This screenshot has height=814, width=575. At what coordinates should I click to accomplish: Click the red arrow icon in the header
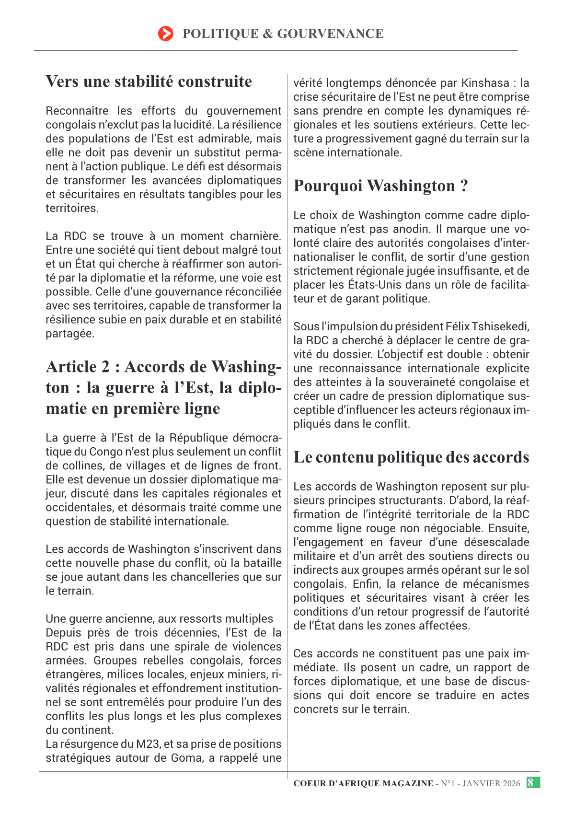[165, 34]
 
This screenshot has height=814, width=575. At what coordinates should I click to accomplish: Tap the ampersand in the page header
[267, 34]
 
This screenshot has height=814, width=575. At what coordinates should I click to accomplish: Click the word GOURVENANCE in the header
[330, 34]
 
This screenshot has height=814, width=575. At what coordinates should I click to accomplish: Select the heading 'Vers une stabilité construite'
[149, 81]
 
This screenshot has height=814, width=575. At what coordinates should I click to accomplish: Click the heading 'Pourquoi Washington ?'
[380, 186]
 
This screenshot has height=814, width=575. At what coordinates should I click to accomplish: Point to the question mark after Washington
[464, 186]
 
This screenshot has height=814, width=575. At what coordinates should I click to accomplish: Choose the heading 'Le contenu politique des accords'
[411, 457]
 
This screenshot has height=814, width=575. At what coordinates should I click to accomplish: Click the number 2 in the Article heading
[105, 367]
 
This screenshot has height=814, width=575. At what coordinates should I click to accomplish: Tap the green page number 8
[530, 783]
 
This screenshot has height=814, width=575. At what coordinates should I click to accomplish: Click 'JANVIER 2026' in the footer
[491, 783]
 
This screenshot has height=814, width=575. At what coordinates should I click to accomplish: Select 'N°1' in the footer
[449, 783]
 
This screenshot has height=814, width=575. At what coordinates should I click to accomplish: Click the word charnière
[255, 236]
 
